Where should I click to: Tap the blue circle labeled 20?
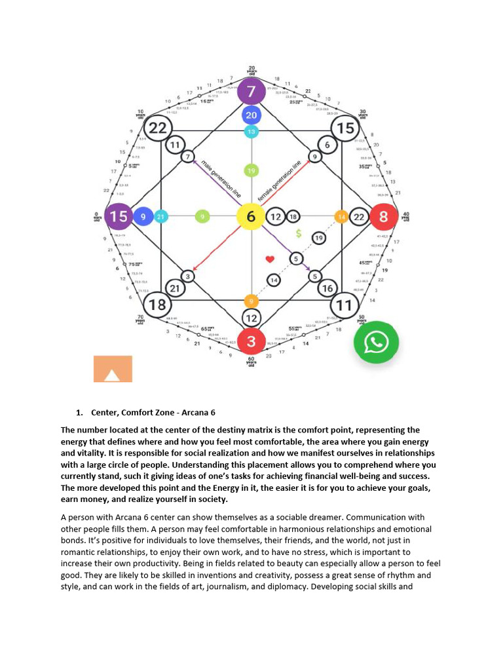251,116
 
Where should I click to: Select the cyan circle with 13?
251,132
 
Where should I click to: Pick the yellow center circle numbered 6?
251,216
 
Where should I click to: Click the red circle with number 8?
383,216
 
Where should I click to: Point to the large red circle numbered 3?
251,341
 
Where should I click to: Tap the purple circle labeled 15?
119,216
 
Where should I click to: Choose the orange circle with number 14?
341,216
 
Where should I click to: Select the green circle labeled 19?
251,171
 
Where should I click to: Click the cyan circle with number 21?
160,216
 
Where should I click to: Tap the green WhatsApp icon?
377,341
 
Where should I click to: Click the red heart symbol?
269,259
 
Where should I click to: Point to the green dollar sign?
298,233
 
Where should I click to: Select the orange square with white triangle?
113,369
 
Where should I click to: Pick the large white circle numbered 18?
157,305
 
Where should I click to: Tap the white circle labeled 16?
327,288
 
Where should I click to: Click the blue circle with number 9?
143,216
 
